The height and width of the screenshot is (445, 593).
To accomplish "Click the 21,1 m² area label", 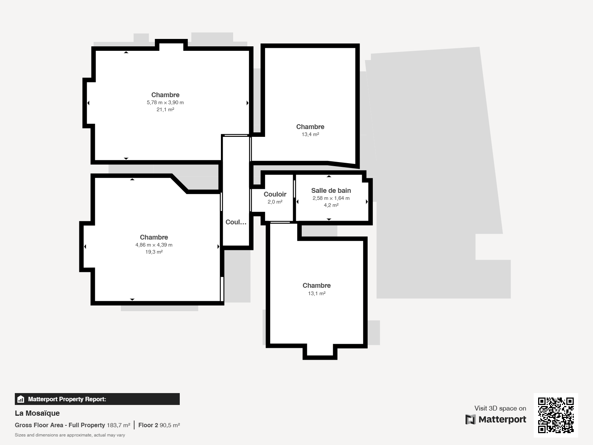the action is (x=165, y=109).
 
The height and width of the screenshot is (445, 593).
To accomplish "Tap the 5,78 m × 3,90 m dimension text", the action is (x=165, y=102).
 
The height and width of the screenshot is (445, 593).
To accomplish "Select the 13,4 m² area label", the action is (x=311, y=134).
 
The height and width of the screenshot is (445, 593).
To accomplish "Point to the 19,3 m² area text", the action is (x=154, y=252).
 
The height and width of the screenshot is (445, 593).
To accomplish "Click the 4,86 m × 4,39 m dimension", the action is (x=154, y=245).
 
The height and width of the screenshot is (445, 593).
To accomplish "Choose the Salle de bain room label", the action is (x=331, y=191).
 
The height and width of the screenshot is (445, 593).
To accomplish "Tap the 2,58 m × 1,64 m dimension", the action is (x=331, y=198).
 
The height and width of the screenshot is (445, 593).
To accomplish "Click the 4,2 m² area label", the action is (x=331, y=205).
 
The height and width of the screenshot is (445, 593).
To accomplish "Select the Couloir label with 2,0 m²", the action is (x=275, y=194).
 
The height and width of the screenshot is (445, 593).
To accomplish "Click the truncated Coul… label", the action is (x=236, y=222).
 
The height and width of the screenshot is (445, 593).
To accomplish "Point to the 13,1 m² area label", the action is (x=317, y=293).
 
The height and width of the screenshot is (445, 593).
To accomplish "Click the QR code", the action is (x=556, y=415).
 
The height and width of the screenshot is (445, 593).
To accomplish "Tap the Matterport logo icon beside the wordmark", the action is (x=470, y=419).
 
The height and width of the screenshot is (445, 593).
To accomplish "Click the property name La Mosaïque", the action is (x=37, y=413).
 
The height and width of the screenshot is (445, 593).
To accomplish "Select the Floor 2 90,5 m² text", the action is (x=159, y=425).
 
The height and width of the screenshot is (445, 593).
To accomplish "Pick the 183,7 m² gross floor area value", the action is (x=119, y=425).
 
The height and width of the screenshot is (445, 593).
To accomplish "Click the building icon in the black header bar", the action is (x=21, y=399).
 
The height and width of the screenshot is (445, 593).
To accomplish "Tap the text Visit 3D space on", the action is (x=500, y=408).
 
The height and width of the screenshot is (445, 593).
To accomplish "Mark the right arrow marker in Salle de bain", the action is (x=367, y=202).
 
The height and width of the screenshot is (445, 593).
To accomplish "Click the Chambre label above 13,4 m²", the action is (x=311, y=127).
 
